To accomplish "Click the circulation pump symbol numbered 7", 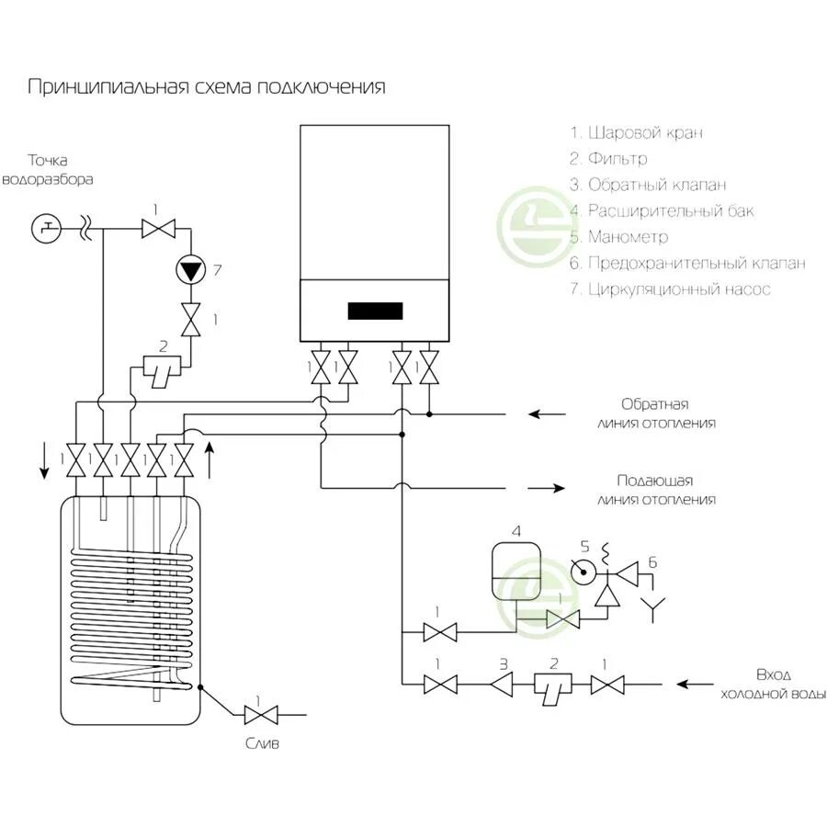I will pyautogui.click(x=191, y=270).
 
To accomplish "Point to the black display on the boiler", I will pyautogui.click(x=375, y=311).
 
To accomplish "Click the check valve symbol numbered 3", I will pyautogui.click(x=503, y=684).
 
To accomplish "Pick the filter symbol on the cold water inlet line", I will pyautogui.click(x=554, y=685).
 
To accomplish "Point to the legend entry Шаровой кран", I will pyautogui.click(x=636, y=133).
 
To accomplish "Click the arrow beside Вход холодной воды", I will pyautogui.click(x=696, y=684).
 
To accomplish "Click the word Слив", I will pyautogui.click(x=263, y=743).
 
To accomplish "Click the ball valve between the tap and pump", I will pyautogui.click(x=158, y=228).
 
